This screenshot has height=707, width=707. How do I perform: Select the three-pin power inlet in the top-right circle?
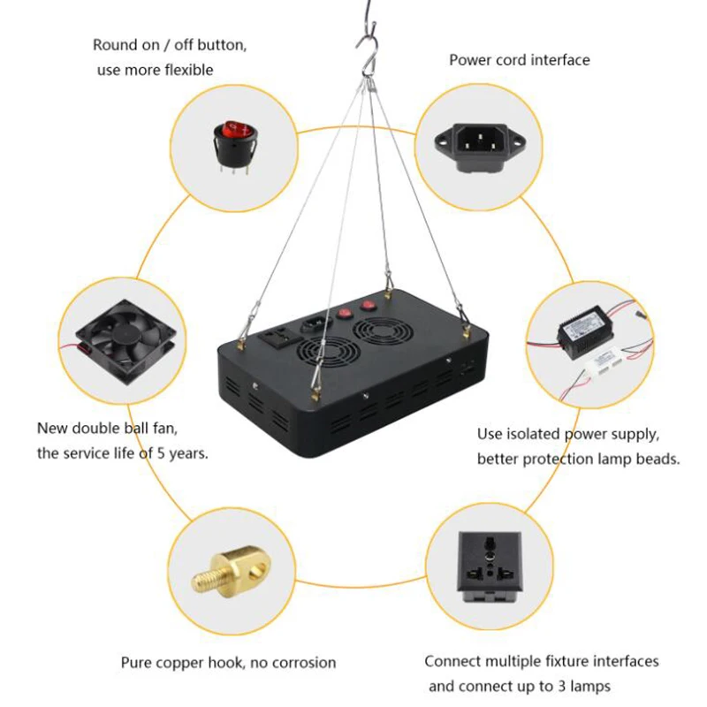click(x=476, y=141)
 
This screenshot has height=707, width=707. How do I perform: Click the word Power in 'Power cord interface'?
click(x=469, y=60)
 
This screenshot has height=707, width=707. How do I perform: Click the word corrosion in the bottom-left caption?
click(x=302, y=663)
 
